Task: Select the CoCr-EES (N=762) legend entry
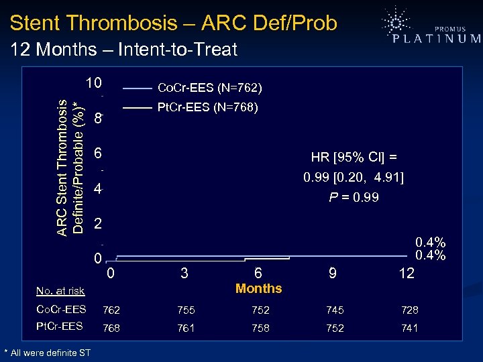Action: (209, 88)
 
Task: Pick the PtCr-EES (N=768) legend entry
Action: (207, 107)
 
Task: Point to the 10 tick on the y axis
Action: (93, 83)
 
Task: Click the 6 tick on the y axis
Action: (97, 154)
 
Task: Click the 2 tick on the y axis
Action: (97, 223)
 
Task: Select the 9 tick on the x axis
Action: (331, 274)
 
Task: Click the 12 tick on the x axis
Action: (406, 274)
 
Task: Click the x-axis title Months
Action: (259, 289)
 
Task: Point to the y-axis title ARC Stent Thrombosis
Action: (62, 168)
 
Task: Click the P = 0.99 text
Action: (354, 198)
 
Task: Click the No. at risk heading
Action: (60, 291)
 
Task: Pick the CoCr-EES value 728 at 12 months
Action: (409, 310)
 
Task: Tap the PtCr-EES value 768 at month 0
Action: (111, 328)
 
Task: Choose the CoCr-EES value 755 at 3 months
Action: (186, 310)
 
